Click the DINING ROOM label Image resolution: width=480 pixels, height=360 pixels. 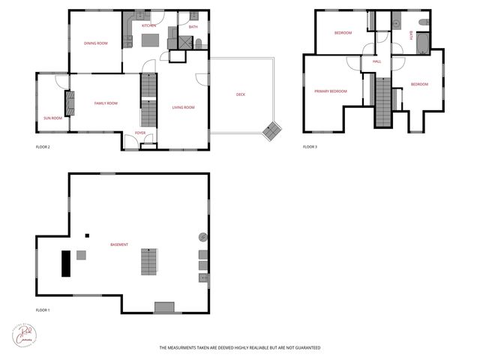pos(95,43)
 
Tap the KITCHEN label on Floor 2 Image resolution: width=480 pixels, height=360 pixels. pos(148,25)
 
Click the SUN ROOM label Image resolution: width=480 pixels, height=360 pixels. pos(52,118)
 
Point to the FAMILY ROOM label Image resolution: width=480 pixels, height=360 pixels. pos(105,103)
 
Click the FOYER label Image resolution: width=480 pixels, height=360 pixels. pos(140,133)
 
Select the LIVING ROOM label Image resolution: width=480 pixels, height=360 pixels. pos(183,107)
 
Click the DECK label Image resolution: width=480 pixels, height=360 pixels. pos(240,94)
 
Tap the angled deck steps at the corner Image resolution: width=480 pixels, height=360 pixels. pos(271,132)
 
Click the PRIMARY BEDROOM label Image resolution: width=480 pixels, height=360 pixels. pos(331,91)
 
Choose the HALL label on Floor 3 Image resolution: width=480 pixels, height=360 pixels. pos(376,61)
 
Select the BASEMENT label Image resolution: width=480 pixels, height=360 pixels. pos(118,244)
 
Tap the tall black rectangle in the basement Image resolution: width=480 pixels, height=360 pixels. pos(65,263)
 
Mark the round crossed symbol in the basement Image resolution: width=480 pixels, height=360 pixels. pos(202,237)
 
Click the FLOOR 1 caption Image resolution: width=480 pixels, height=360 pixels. pos(43,310)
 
